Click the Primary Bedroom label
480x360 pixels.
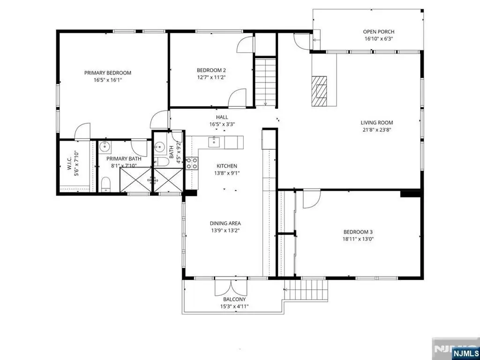pos(108,73)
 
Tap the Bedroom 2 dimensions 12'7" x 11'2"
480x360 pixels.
pos(211,77)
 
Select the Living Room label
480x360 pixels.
pos(376,123)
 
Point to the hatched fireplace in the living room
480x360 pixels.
pos(319,91)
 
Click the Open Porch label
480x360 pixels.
pos(379,31)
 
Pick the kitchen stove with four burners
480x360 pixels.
pos(192,163)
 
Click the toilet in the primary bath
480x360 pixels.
pos(106,184)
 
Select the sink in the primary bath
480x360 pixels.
pos(105,146)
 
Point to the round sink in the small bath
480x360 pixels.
pos(159,147)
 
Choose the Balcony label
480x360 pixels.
pos(234,300)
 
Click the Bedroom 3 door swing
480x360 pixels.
pos(312,199)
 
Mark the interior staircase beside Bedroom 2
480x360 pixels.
pos(266,82)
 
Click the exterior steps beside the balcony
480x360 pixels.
pos(306,290)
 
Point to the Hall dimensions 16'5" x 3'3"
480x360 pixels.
pos(222,124)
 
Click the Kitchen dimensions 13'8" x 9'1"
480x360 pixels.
pos(227,173)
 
